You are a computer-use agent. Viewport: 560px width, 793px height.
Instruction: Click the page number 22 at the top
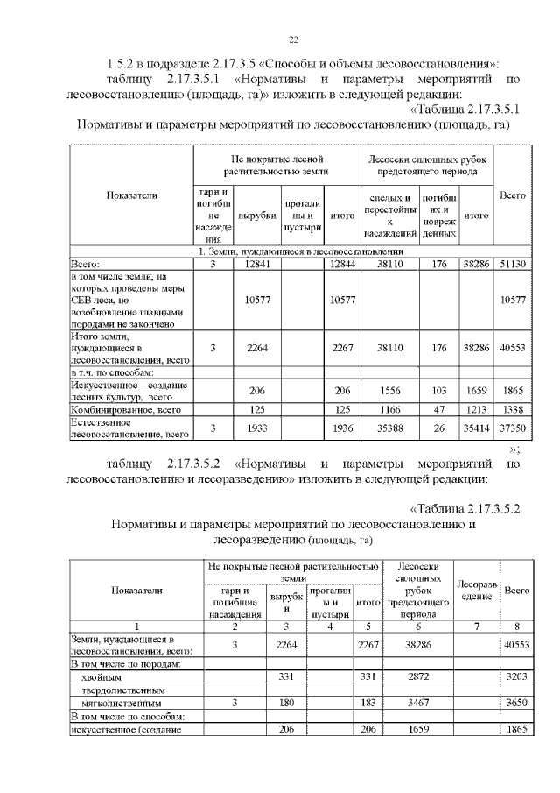coord(293,39)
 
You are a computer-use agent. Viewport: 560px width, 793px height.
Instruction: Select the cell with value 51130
coord(510,263)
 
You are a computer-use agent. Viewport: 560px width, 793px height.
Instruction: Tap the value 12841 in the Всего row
coord(256,263)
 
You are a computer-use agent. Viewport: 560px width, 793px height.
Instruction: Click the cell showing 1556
coord(389,393)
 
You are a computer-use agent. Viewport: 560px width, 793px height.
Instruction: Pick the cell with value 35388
coord(389,427)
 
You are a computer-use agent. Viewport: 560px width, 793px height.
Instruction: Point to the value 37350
coord(510,427)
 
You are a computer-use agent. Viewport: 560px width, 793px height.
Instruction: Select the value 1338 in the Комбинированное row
coord(510,409)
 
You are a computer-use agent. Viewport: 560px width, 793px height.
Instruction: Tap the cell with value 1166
coord(389,409)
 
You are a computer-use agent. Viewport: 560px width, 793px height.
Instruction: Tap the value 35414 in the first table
coord(475,427)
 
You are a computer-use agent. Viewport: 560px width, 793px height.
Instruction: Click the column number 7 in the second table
coord(477,626)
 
